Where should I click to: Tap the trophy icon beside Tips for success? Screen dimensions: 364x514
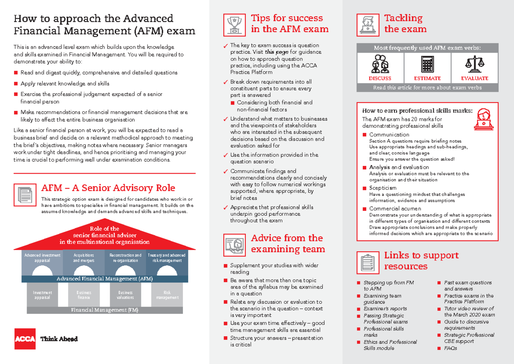click(x=234, y=25)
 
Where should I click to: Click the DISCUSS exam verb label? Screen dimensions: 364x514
click(x=380, y=78)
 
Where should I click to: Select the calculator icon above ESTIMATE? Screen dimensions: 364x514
click(x=427, y=65)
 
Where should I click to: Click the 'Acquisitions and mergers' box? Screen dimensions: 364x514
click(x=84, y=258)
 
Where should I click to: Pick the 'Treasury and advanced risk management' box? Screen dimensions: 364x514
click(x=167, y=258)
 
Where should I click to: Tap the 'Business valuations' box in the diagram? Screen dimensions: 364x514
click(x=126, y=295)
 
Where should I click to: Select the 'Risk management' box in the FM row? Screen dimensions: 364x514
click(x=167, y=295)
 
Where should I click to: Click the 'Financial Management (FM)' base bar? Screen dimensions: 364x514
click(x=105, y=310)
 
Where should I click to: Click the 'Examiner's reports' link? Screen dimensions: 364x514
click(x=385, y=309)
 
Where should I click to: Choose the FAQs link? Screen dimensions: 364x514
click(x=451, y=348)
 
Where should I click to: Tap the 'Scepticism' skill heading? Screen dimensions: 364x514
click(x=383, y=188)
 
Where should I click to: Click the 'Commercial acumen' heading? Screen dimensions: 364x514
click(x=395, y=209)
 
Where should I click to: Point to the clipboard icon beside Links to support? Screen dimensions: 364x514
click(x=368, y=261)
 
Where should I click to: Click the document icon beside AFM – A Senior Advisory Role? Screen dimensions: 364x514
click(x=25, y=195)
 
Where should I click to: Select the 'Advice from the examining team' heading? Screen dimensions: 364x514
click(x=287, y=244)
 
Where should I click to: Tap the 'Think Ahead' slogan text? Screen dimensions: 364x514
click(x=59, y=339)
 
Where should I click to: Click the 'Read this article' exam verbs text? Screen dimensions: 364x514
click(x=427, y=87)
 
